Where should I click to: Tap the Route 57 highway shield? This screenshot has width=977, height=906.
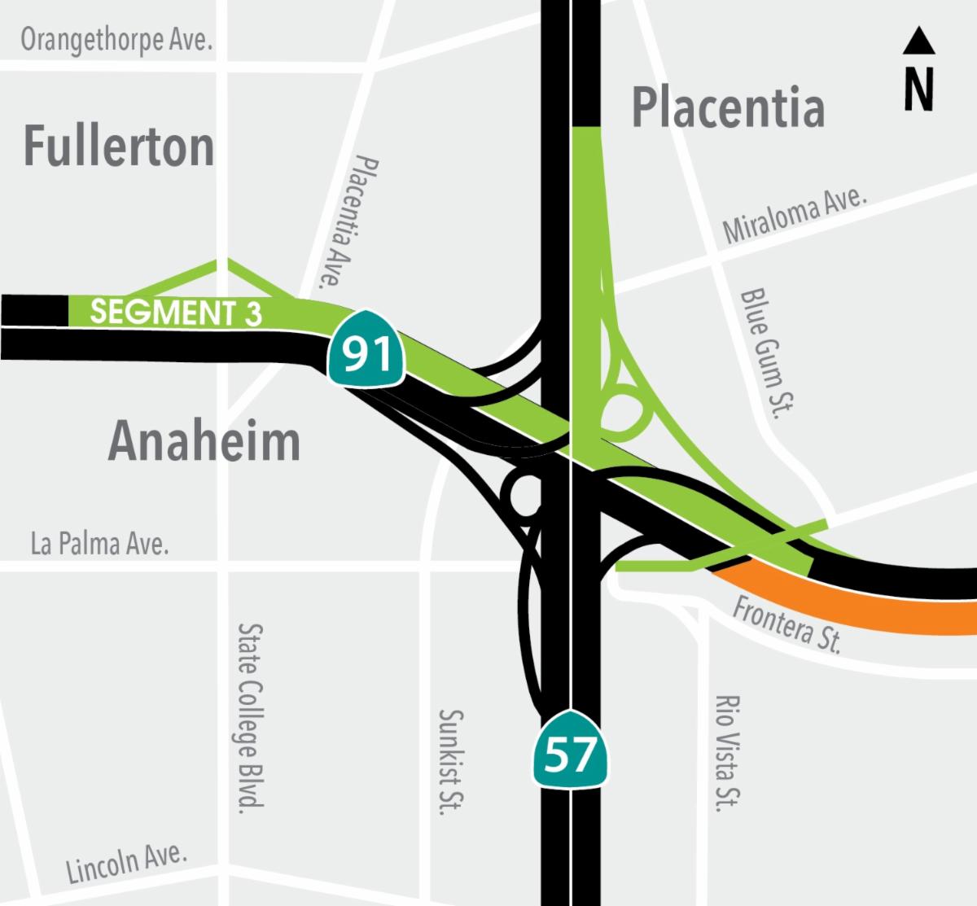click(x=571, y=751)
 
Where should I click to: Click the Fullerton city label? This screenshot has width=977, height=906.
click(x=119, y=147)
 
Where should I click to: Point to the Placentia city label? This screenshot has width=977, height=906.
click(x=728, y=108)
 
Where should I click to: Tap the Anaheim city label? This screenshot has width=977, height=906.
click(x=204, y=441)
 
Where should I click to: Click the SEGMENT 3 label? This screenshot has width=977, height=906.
click(x=176, y=313)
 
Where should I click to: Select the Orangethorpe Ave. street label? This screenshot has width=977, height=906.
click(x=116, y=40)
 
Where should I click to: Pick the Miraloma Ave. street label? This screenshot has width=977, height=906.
click(x=795, y=214)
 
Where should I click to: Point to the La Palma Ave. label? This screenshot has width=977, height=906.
click(x=99, y=543)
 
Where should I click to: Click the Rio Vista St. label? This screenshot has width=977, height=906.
click(x=726, y=753)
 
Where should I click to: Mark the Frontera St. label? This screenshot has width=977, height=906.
click(x=786, y=624)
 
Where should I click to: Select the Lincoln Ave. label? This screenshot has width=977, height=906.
click(x=127, y=863)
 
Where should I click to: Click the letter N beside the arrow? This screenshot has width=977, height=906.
click(x=918, y=89)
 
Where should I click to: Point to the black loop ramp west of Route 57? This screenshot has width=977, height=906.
click(x=521, y=492)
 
